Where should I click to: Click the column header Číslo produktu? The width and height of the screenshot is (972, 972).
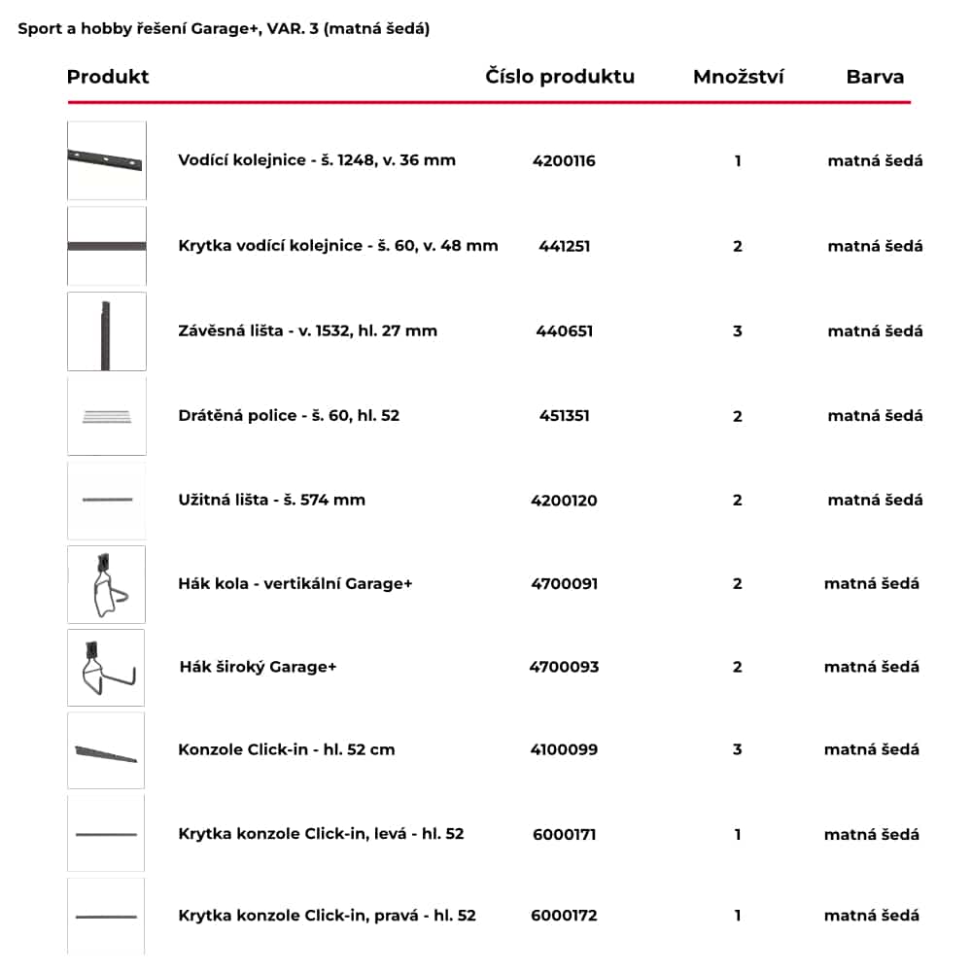click(560, 77)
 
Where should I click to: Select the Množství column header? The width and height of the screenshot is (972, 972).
click(738, 77)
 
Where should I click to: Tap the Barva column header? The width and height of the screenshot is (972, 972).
click(875, 77)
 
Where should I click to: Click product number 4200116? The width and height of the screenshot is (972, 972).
click(564, 160)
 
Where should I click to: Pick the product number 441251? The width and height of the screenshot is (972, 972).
click(564, 246)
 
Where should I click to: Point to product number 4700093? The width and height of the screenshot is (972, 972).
click(564, 667)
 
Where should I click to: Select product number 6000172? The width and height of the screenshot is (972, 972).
click(564, 916)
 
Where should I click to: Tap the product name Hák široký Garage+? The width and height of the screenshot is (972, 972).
click(258, 667)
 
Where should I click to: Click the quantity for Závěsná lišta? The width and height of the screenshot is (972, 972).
click(738, 331)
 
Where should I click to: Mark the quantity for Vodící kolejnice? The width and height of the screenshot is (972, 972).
click(738, 160)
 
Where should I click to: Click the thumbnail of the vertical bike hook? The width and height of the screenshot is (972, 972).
click(106, 584)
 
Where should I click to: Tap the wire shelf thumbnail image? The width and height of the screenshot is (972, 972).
click(106, 416)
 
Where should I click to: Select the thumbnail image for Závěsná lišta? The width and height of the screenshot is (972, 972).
click(106, 331)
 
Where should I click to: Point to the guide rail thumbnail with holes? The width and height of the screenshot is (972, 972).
click(106, 160)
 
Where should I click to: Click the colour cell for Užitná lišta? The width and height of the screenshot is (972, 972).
click(875, 501)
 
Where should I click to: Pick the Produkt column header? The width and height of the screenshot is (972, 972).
click(108, 77)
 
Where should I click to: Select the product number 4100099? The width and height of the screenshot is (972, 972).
click(564, 749)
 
